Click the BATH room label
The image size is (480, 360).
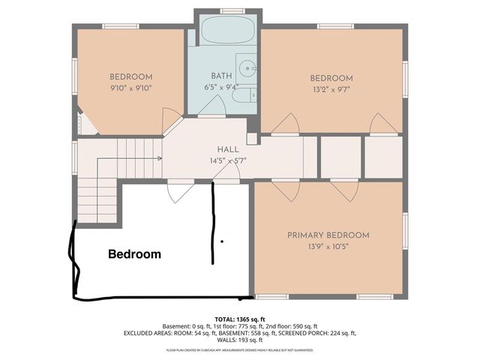221,76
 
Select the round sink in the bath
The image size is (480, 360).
245,66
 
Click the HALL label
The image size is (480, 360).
228,149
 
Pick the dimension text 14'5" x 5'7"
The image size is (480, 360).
228,160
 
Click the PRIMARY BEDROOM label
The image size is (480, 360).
328,235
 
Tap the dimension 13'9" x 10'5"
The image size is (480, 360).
328,246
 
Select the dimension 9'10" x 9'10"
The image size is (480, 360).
131,88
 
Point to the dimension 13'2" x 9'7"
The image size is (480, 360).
331,90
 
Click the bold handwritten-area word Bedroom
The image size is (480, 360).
135,254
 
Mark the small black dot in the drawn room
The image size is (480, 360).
222,241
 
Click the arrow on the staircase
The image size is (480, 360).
159,158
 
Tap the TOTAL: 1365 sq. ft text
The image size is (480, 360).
240,319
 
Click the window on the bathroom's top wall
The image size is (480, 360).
232,10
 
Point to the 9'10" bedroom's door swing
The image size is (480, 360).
171,118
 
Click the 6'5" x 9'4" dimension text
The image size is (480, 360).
221,87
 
